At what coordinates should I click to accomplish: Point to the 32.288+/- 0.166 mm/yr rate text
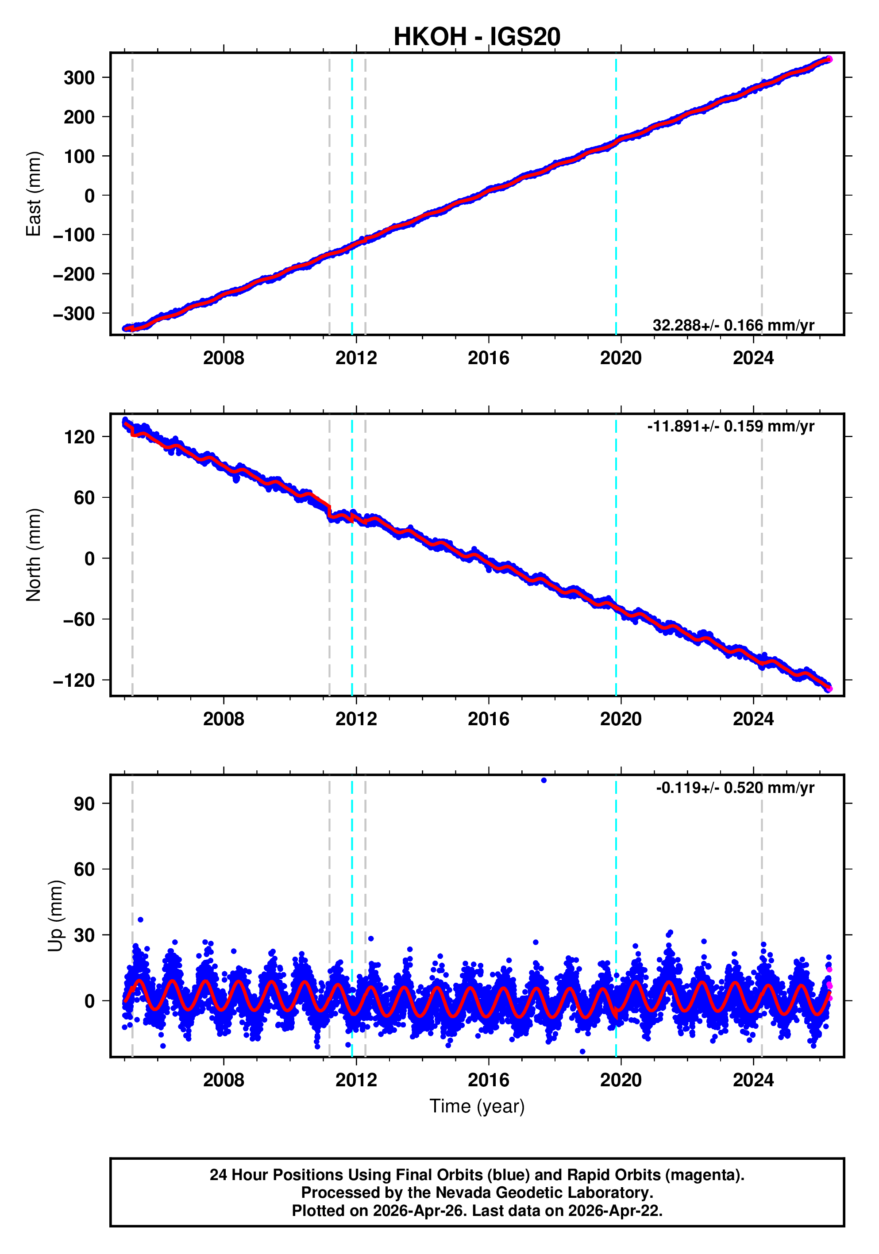click(732, 326)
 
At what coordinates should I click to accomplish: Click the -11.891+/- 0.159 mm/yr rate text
click(730, 427)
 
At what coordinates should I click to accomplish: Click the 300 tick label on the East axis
click(79, 78)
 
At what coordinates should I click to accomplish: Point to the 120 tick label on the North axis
click(79, 437)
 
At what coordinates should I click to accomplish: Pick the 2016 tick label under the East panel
click(488, 358)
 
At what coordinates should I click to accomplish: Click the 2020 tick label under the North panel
click(620, 719)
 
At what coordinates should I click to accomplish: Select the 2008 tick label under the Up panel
click(224, 1080)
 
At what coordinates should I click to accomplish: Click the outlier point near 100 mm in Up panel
click(543, 781)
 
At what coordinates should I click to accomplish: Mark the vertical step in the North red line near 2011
click(329, 511)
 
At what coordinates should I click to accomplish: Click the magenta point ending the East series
click(829, 59)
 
